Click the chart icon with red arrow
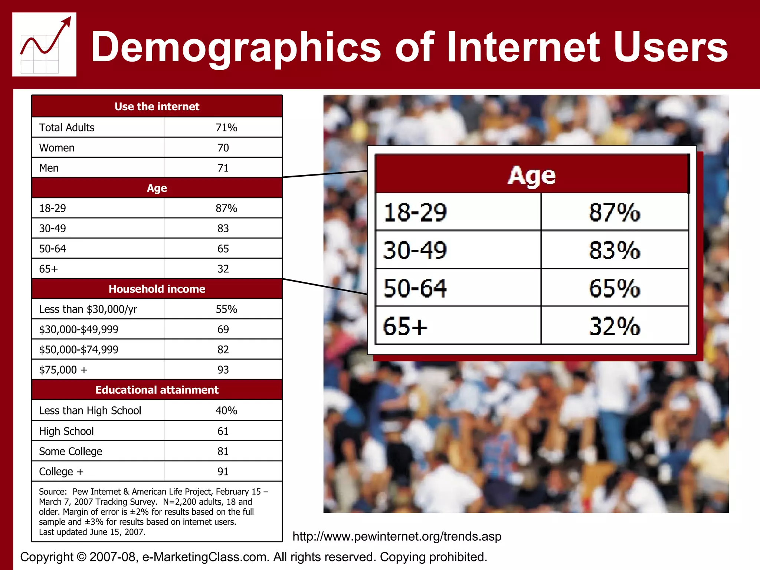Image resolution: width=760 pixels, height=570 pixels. [44, 45]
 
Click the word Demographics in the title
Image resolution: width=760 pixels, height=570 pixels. [236, 47]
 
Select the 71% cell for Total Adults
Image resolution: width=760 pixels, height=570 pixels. [226, 128]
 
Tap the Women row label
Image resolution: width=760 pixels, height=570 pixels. [57, 148]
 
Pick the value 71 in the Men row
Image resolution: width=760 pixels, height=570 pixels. [223, 168]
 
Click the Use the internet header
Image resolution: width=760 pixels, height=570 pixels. [157, 107]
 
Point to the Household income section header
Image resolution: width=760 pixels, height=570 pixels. [157, 289]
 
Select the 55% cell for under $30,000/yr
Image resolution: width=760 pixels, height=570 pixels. [226, 309]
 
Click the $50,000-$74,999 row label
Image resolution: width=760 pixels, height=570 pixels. [79, 350]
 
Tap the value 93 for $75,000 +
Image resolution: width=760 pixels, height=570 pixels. [223, 370]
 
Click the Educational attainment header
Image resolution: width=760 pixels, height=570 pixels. [157, 390]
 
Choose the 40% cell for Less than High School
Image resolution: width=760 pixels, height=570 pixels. [226, 410]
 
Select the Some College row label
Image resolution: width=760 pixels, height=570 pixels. [71, 451]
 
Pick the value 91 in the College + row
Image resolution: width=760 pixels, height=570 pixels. [223, 471]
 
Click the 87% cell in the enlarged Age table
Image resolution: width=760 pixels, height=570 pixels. [614, 213]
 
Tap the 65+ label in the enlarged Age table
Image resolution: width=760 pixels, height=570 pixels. [405, 326]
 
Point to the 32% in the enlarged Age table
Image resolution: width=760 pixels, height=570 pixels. [614, 326]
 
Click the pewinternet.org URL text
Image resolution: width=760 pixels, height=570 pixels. [397, 536]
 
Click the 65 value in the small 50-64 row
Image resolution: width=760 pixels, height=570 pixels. [223, 249]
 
